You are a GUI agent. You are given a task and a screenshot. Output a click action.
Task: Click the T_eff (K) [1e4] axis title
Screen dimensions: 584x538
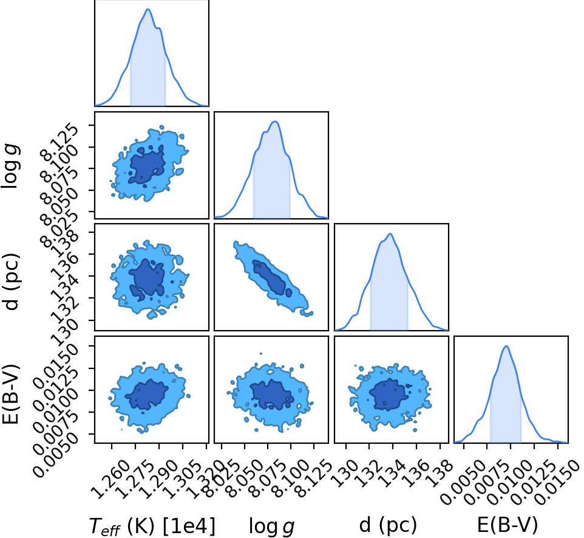coord(152,526)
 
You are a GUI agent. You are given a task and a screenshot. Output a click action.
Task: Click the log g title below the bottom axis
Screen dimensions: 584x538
coord(271,526)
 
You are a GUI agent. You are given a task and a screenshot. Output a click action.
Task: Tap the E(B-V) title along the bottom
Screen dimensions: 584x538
coord(508,525)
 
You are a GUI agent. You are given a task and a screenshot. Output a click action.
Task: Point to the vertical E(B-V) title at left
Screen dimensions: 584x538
coord(10,393)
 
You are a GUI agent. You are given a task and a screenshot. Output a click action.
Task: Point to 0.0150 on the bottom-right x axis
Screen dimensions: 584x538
coord(557,482)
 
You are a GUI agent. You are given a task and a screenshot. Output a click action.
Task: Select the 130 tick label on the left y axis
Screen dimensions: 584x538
coord(64,328)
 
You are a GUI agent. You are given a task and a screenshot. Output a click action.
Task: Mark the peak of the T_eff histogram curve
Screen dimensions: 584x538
coord(148,9)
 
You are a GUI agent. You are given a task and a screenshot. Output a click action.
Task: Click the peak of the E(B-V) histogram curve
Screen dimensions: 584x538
coord(506,346)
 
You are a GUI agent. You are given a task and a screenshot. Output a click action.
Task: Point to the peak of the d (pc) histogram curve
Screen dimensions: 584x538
coord(390,233)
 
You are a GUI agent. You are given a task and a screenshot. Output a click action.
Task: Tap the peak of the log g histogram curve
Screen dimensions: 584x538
coord(275,121)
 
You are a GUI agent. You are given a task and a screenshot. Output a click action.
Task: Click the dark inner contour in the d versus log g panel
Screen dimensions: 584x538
coord(272,278)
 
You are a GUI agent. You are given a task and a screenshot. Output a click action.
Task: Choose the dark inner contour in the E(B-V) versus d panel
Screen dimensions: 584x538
coord(388,394)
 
